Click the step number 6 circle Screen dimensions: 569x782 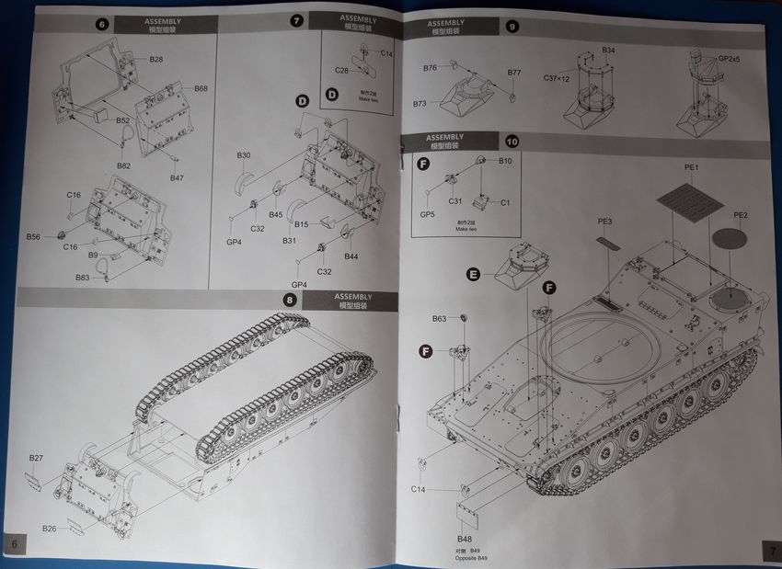102,24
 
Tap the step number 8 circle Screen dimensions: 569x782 291,300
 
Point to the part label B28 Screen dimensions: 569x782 156,59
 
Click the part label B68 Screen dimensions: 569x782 201,88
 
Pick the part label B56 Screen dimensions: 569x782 33,236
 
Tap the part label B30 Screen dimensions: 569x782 243,155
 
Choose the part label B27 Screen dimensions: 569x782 36,458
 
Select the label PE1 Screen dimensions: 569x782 692,167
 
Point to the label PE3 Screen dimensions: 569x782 604,221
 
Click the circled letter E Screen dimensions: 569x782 473,275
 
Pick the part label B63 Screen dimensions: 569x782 440,319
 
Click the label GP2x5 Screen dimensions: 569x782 728,59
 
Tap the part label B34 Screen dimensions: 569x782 609,50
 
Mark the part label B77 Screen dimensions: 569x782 513,72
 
